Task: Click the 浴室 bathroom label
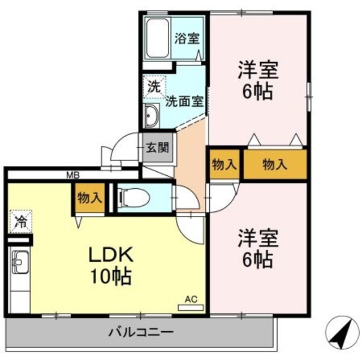click(187, 38)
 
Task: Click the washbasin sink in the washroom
click(152, 118)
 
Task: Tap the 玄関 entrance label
click(157, 148)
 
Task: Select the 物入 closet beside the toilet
click(89, 198)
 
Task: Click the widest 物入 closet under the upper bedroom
click(275, 164)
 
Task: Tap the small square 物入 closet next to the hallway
click(224, 164)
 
